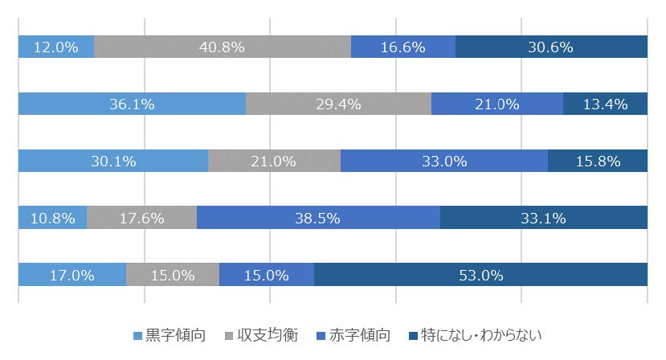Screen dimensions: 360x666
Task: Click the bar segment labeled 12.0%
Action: [x=55, y=47]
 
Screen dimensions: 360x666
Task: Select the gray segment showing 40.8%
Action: [x=223, y=47]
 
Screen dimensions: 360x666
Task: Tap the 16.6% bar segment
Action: [x=403, y=47]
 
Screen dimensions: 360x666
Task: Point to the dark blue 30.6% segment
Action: [x=551, y=47]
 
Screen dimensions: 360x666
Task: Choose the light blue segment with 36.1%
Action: [x=132, y=104]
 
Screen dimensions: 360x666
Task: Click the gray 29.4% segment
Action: [x=338, y=104]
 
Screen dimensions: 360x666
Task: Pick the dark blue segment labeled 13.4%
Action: [x=605, y=104]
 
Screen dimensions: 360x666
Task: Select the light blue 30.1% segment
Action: [x=112, y=161]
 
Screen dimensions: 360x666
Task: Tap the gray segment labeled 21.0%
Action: [x=274, y=161]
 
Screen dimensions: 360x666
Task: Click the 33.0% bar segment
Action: [x=444, y=161]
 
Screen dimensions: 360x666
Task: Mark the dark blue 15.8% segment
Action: [x=598, y=161]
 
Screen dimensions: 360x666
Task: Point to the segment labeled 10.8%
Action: [x=52, y=218]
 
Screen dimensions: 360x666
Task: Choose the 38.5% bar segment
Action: [x=318, y=218]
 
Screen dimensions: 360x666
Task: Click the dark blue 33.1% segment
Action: [x=544, y=218]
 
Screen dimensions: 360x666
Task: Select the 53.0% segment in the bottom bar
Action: [x=480, y=275]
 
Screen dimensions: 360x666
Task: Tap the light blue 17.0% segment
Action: [x=72, y=275]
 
